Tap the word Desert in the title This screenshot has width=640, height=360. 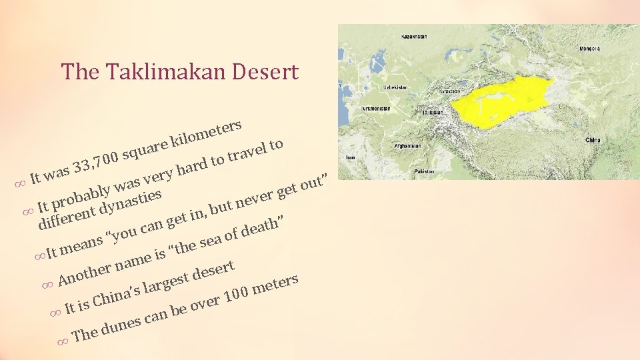tap(266, 71)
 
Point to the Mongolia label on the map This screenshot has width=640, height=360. tap(589, 48)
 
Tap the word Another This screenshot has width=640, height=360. tap(83, 273)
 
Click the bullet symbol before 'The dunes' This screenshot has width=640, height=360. tap(62, 342)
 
